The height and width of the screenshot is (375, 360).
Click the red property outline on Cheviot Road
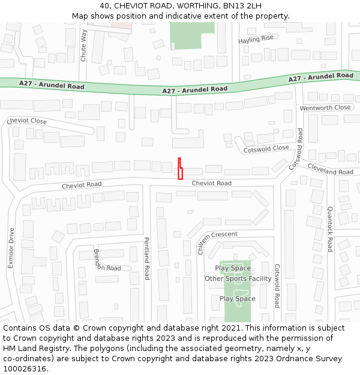pyautogui.click(x=179, y=170)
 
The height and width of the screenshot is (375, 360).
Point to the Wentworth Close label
pyautogui.click(x=325, y=107)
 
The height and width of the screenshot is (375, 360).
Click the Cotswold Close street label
pyautogui.click(x=266, y=148)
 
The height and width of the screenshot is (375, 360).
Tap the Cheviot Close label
pyautogui.click(x=26, y=121)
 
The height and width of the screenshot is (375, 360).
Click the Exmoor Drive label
pyautogui.click(x=11, y=255)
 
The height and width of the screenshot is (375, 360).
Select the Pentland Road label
pyautogui.click(x=146, y=259)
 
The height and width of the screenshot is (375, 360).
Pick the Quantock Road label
pyautogui.click(x=330, y=229)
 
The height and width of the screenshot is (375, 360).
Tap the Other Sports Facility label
pyautogui.click(x=238, y=278)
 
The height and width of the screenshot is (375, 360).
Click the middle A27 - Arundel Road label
pyautogui.click(x=195, y=89)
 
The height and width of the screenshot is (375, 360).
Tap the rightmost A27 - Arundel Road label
pyautogui.click(x=320, y=77)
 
